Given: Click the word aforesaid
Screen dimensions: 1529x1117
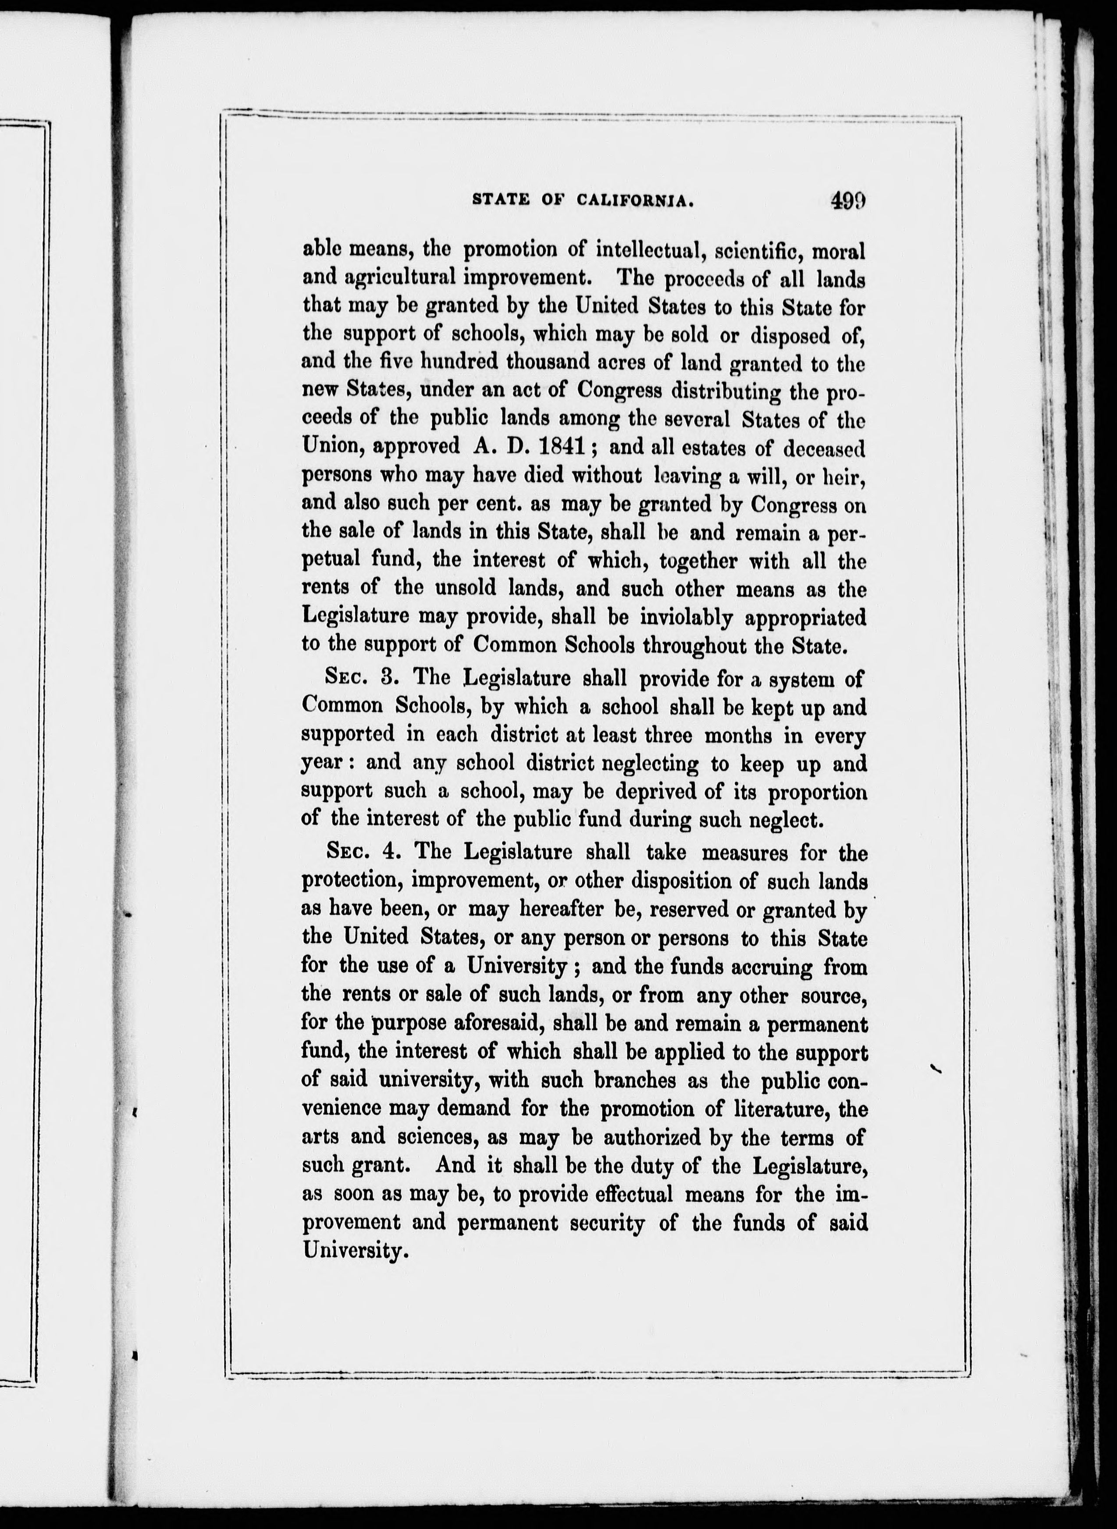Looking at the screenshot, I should [488, 1024].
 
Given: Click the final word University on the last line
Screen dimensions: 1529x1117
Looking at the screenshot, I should [355, 1251].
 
